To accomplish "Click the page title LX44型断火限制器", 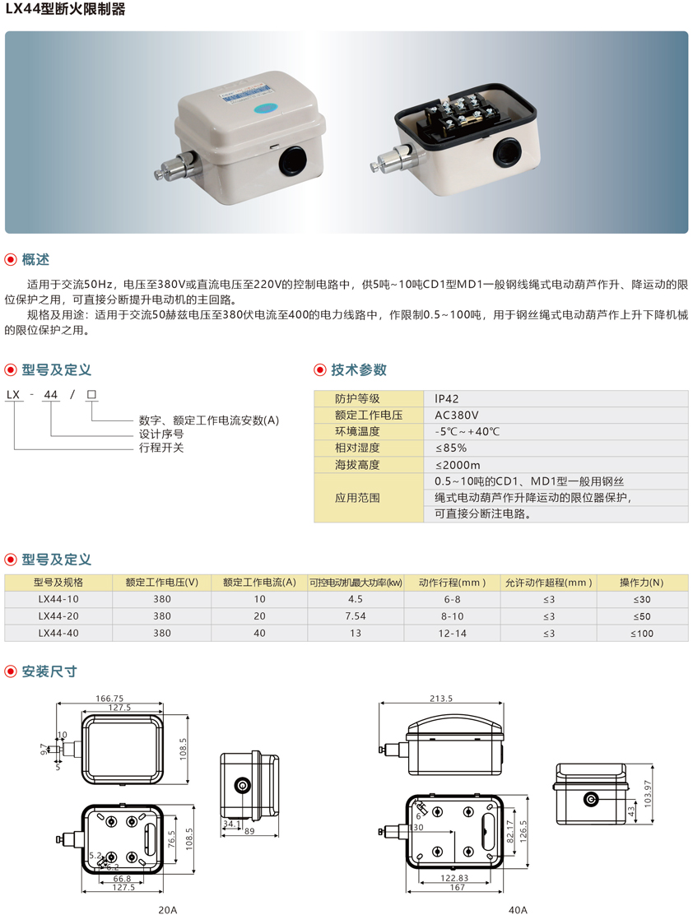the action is click(65, 9).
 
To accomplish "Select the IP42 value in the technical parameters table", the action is click(447, 398).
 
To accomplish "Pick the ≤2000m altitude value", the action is click(458, 465).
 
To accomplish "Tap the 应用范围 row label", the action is click(357, 498).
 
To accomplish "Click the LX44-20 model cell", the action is click(58, 616).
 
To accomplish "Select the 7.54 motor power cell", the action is click(356, 616).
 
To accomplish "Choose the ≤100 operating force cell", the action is click(642, 633).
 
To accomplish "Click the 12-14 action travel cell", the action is click(453, 633).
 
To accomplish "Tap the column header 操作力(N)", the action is click(642, 583).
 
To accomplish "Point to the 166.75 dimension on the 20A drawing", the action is click(109, 699).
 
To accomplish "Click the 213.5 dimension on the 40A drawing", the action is click(441, 699).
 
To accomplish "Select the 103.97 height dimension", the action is click(647, 793).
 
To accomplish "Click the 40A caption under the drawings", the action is click(518, 909).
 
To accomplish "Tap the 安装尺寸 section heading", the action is click(49, 671).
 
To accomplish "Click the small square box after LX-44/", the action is click(91, 394).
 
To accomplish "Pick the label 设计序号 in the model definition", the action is click(161, 434).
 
